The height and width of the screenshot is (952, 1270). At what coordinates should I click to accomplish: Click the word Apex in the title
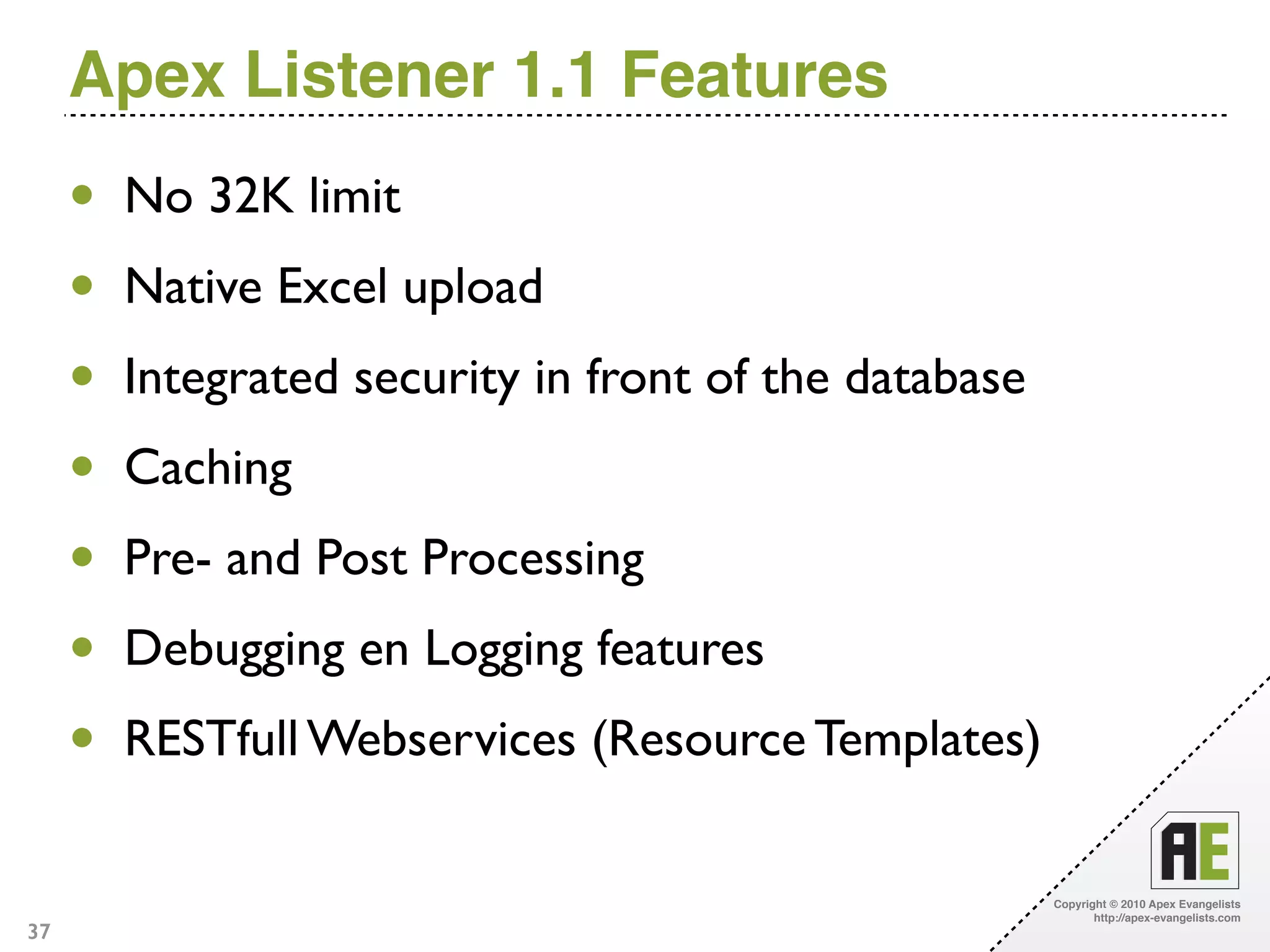pos(147,76)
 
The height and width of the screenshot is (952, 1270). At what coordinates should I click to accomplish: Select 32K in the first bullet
pos(251,196)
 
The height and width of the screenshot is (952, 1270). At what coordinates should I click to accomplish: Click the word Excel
pos(332,286)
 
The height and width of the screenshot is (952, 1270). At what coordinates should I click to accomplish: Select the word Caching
pos(208,469)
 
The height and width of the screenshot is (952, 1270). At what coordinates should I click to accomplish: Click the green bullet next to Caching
pos(82,465)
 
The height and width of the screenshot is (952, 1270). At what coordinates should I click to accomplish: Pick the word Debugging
pos(234,650)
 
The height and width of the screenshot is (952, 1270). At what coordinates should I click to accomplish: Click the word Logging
pos(504,650)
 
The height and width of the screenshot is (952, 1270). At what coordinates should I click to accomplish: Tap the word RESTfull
pos(211,739)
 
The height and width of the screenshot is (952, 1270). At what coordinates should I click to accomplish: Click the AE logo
pos(1194,850)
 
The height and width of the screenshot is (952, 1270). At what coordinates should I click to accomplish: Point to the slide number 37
pos(38,932)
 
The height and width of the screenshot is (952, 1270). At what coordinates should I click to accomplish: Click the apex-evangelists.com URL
pos(1166,918)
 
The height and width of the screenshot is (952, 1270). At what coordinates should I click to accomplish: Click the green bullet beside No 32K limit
pos(82,195)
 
